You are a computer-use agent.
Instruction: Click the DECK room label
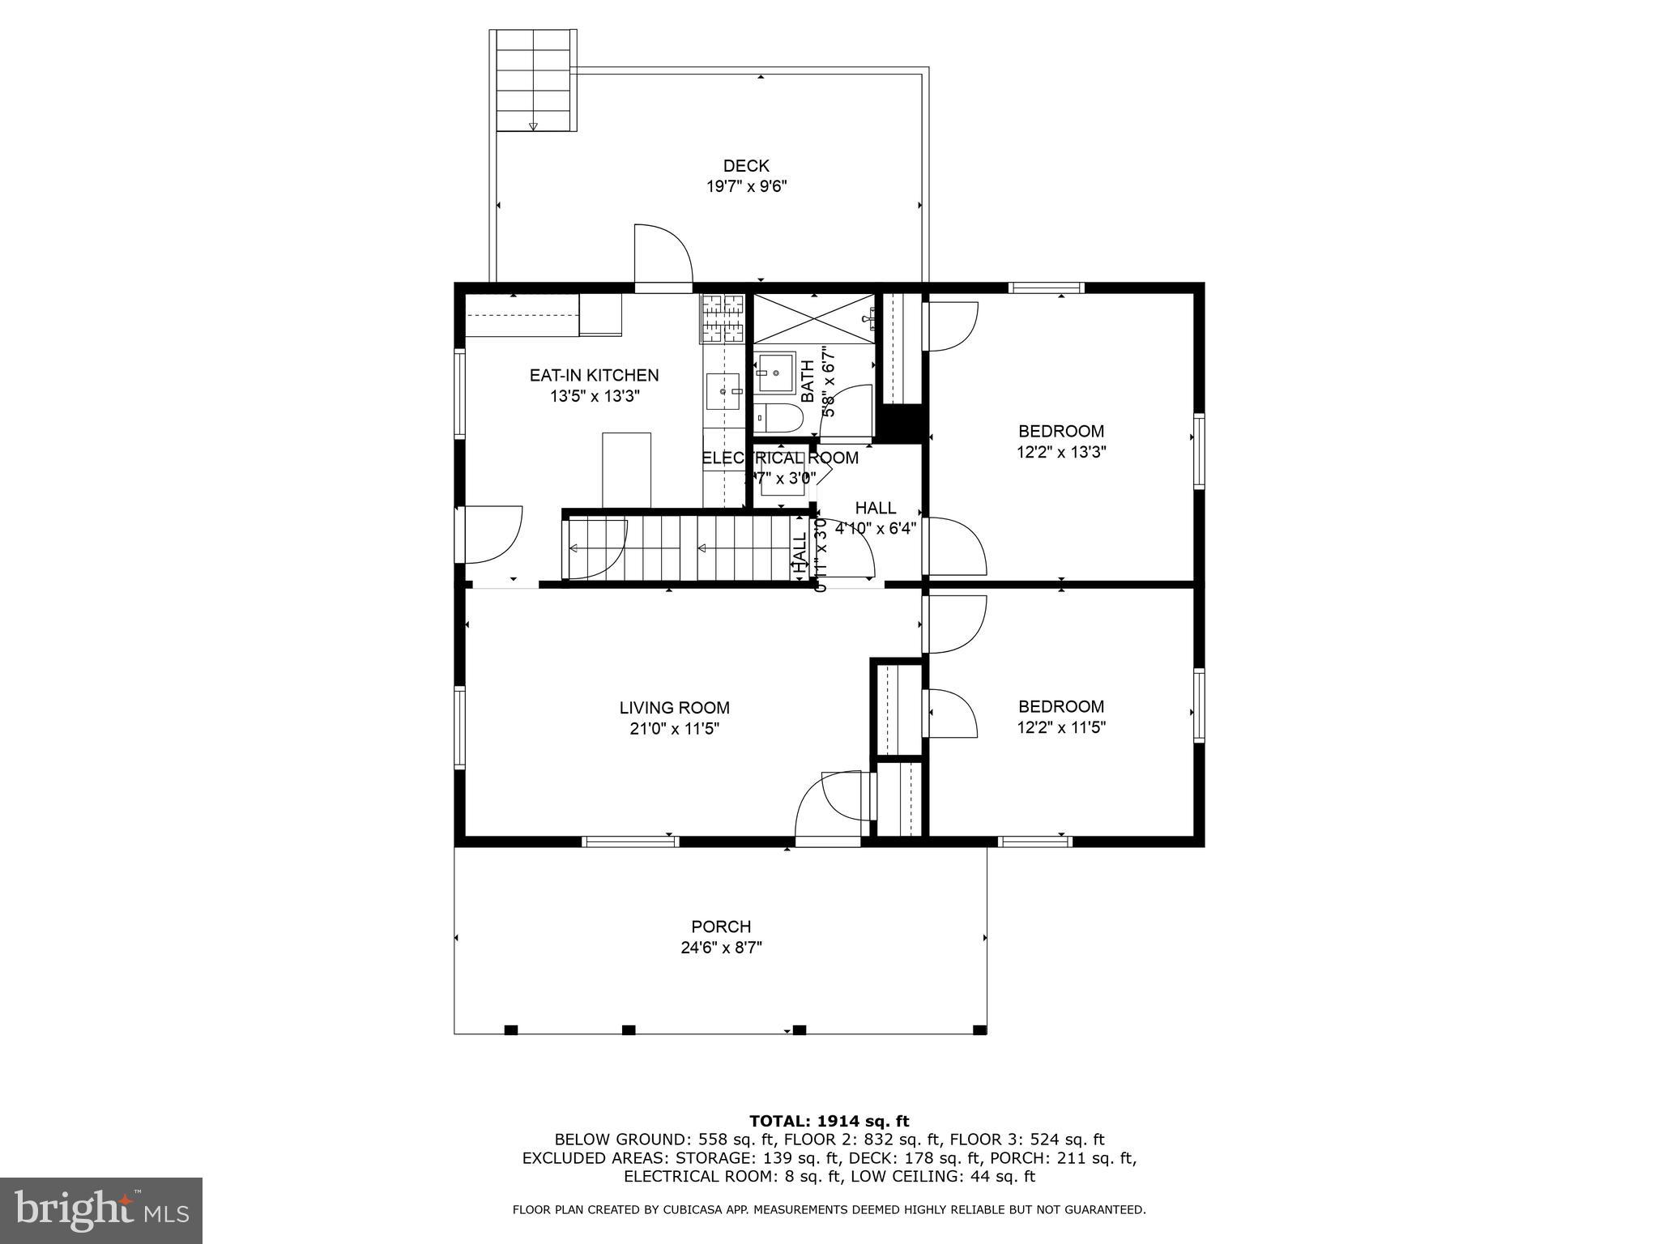tap(745, 166)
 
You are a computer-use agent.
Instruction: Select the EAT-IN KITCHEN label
tap(594, 376)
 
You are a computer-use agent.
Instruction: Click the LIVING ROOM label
tap(674, 708)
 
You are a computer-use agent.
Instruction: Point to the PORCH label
tap(721, 927)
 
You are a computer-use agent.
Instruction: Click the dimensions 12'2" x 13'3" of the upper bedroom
tap(1061, 452)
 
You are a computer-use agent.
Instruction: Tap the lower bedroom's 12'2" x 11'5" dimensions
tap(1061, 727)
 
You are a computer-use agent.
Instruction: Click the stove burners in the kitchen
tap(722, 317)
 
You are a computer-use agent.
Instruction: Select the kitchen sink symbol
tap(723, 391)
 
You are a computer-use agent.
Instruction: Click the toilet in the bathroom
tap(778, 418)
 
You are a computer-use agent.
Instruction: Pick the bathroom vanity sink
tap(776, 373)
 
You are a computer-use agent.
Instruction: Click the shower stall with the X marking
tap(813, 319)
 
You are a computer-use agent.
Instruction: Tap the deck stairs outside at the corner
tap(534, 81)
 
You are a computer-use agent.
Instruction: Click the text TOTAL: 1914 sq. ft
tap(829, 1122)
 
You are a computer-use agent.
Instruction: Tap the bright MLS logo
tap(101, 1210)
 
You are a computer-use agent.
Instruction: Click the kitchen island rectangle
tap(626, 470)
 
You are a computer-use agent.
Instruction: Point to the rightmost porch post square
tap(979, 1030)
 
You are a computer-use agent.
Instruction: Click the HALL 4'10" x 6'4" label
tap(876, 518)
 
